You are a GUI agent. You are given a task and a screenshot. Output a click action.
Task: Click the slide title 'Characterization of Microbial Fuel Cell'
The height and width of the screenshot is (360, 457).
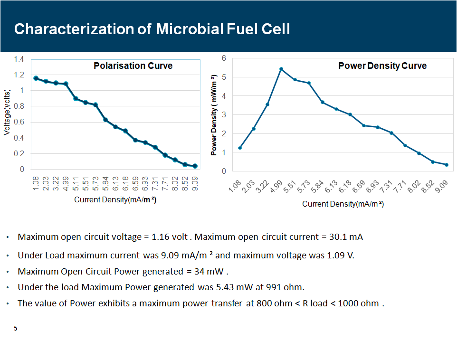[152, 29]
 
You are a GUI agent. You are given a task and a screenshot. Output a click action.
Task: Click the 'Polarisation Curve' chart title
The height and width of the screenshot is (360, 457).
[133, 66]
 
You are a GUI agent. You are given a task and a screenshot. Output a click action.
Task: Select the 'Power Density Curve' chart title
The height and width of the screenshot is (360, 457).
[382, 66]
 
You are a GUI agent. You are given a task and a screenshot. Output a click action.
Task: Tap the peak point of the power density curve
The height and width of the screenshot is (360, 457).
[281, 69]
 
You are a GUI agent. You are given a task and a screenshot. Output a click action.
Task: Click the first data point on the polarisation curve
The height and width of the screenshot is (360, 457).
[36, 78]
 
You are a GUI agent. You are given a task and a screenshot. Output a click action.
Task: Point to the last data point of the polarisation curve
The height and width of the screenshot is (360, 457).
[195, 166]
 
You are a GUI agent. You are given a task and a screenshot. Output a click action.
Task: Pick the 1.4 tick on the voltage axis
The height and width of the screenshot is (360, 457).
[19, 59]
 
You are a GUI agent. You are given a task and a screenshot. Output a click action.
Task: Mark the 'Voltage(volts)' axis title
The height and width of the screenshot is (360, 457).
[7, 113]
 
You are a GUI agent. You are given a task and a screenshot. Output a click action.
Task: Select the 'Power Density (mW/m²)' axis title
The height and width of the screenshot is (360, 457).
[214, 115]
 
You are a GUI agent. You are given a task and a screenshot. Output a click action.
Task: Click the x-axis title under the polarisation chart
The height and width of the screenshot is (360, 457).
[115, 200]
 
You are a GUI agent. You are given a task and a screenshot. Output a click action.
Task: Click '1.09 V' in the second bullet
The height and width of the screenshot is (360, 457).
[341, 256]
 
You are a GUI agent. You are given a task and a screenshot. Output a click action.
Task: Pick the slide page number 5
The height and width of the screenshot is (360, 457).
[16, 328]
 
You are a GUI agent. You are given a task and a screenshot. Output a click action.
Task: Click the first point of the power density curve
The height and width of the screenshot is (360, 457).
[240, 148]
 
